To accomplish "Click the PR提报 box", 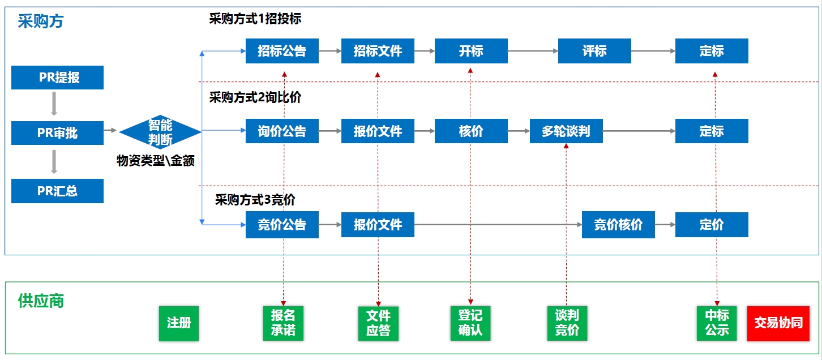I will (57, 78).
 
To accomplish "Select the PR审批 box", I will (57, 133).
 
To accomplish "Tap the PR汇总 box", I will (57, 191).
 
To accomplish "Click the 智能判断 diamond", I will (160, 132).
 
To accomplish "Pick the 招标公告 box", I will (282, 51).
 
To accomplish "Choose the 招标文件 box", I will (378, 51).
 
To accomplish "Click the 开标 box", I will (471, 51).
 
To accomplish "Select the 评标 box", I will (594, 51).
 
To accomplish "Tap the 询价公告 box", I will (282, 131).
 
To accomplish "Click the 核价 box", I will (471, 131).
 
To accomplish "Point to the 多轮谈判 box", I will (566, 131).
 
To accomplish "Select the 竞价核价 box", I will (618, 225).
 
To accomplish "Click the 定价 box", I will (712, 225).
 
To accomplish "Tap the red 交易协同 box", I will (778, 323).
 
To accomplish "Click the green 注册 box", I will (179, 323).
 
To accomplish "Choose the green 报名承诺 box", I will (283, 323).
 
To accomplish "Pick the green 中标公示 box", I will (717, 323).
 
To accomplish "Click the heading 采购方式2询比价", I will (255, 97).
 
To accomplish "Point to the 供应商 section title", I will (41, 301).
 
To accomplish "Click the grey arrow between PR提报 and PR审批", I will (54, 104).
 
